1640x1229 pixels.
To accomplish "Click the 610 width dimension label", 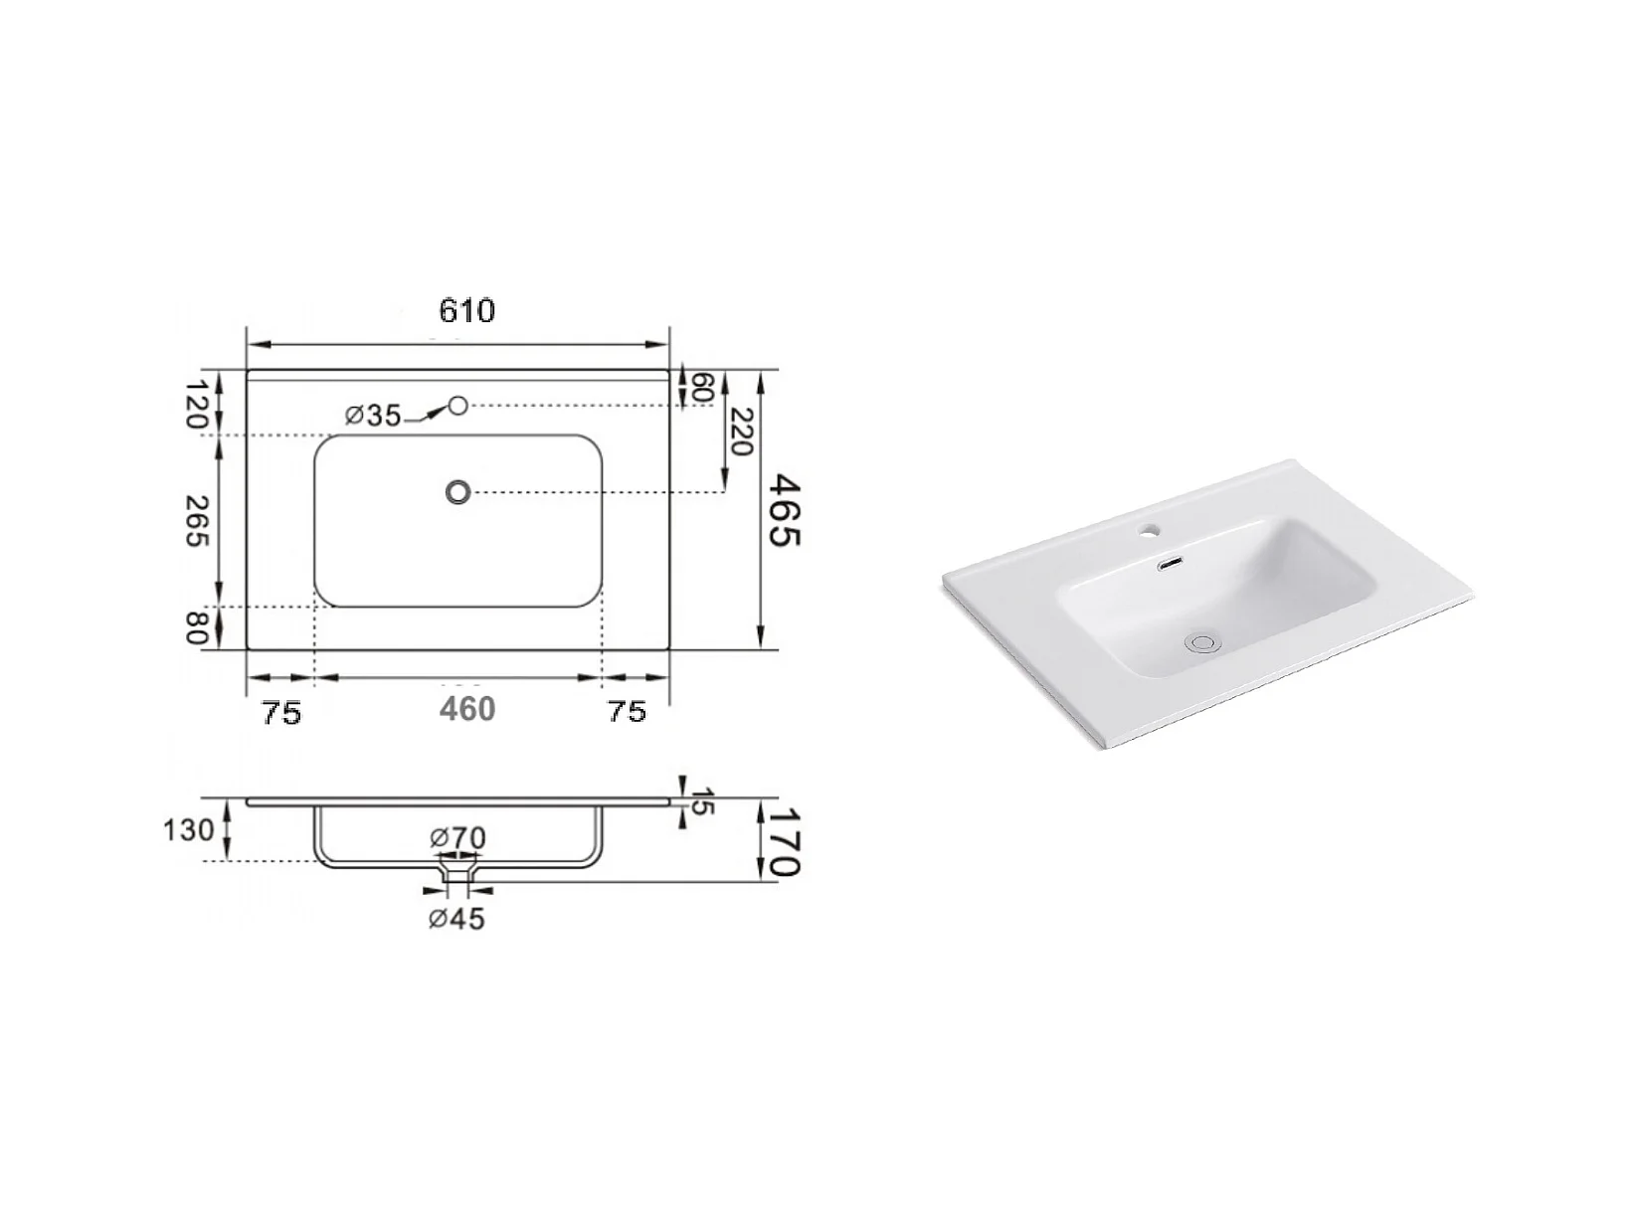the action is [x=466, y=310].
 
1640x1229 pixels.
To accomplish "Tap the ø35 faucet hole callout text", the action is [x=373, y=416].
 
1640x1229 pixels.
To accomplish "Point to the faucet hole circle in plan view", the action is [x=458, y=406].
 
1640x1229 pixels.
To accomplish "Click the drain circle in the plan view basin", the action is [x=458, y=491].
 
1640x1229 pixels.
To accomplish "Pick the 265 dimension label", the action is [x=197, y=520].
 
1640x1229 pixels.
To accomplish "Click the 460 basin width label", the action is [x=467, y=708].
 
